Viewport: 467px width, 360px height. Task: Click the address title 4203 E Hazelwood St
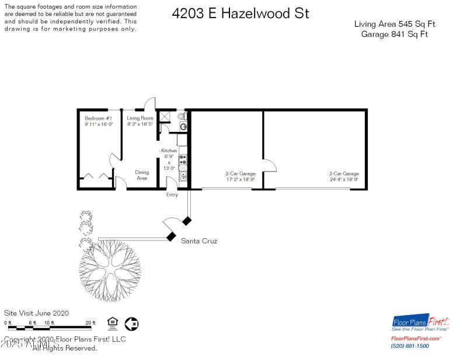click(x=241, y=14)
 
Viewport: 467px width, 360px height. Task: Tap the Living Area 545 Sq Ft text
click(x=395, y=24)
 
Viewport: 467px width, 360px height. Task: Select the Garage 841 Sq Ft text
click(x=395, y=34)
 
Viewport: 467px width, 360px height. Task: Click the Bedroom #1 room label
click(x=98, y=118)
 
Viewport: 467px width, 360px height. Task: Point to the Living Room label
click(x=140, y=118)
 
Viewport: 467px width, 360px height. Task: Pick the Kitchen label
click(x=169, y=151)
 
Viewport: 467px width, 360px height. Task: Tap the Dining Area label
click(x=142, y=175)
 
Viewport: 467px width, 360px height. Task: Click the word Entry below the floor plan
click(x=172, y=195)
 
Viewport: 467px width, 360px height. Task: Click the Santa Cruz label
click(x=199, y=240)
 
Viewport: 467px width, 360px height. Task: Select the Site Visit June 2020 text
click(x=36, y=313)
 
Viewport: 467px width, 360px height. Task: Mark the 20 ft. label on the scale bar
click(x=90, y=323)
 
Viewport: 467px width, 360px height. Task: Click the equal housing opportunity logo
click(x=112, y=323)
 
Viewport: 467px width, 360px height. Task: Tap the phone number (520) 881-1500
click(x=410, y=346)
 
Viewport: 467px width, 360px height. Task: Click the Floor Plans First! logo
click(x=421, y=323)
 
